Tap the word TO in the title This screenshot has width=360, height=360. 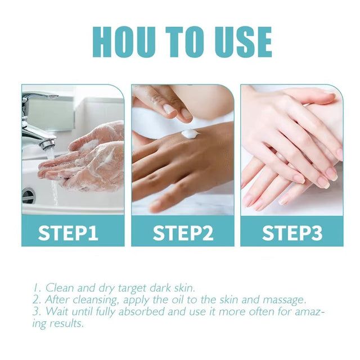click(182, 42)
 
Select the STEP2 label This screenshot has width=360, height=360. click(183, 232)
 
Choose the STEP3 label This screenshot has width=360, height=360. click(292, 232)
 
